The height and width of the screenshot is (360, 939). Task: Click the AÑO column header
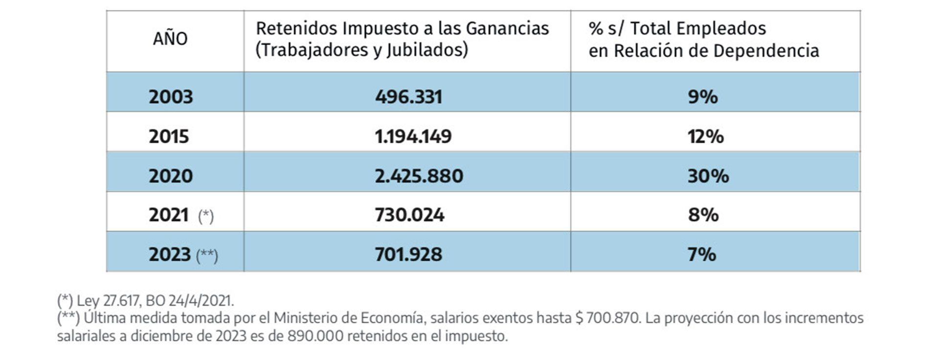point(170,39)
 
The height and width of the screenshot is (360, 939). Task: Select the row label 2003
point(171,96)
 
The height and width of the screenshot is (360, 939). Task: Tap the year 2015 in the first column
point(169,136)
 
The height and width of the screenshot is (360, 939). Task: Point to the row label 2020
point(171,176)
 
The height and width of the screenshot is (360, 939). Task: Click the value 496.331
point(408,96)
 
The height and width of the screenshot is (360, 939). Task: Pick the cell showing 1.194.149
point(413,136)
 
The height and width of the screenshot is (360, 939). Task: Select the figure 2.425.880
point(419,176)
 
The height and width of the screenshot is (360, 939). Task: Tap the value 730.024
point(409,215)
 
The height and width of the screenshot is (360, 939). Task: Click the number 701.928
point(408,254)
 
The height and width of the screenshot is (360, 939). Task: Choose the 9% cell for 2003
point(703,96)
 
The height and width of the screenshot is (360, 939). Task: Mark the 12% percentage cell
point(705,136)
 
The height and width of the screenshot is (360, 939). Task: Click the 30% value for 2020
point(708,176)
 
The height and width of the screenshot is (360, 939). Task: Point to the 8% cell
point(703,215)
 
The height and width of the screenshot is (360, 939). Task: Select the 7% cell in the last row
point(702,254)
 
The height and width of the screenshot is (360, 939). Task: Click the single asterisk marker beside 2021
point(206,216)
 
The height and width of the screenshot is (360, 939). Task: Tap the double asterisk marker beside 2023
point(207,255)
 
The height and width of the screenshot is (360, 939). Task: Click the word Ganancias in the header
point(507,28)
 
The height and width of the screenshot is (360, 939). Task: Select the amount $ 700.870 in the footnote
point(607,318)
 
